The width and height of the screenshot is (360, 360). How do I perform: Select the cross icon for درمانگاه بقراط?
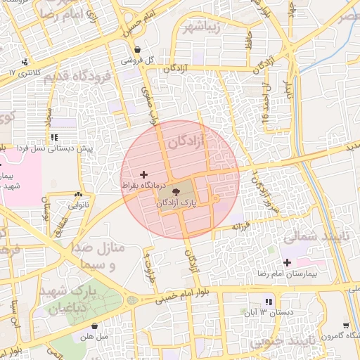pos(144,174)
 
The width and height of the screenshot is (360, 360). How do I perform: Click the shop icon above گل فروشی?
pos(139,51)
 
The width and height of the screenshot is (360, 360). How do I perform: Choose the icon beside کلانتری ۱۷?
pos(25,62)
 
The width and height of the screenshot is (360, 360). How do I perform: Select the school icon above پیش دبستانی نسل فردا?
pos(53,137)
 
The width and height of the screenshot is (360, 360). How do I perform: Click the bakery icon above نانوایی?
pos(77,195)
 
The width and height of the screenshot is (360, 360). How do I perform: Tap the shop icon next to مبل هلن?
pos(96,326)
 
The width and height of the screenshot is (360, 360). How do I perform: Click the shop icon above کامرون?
pos(346,325)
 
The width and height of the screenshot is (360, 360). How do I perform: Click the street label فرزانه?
pos(242,227)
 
